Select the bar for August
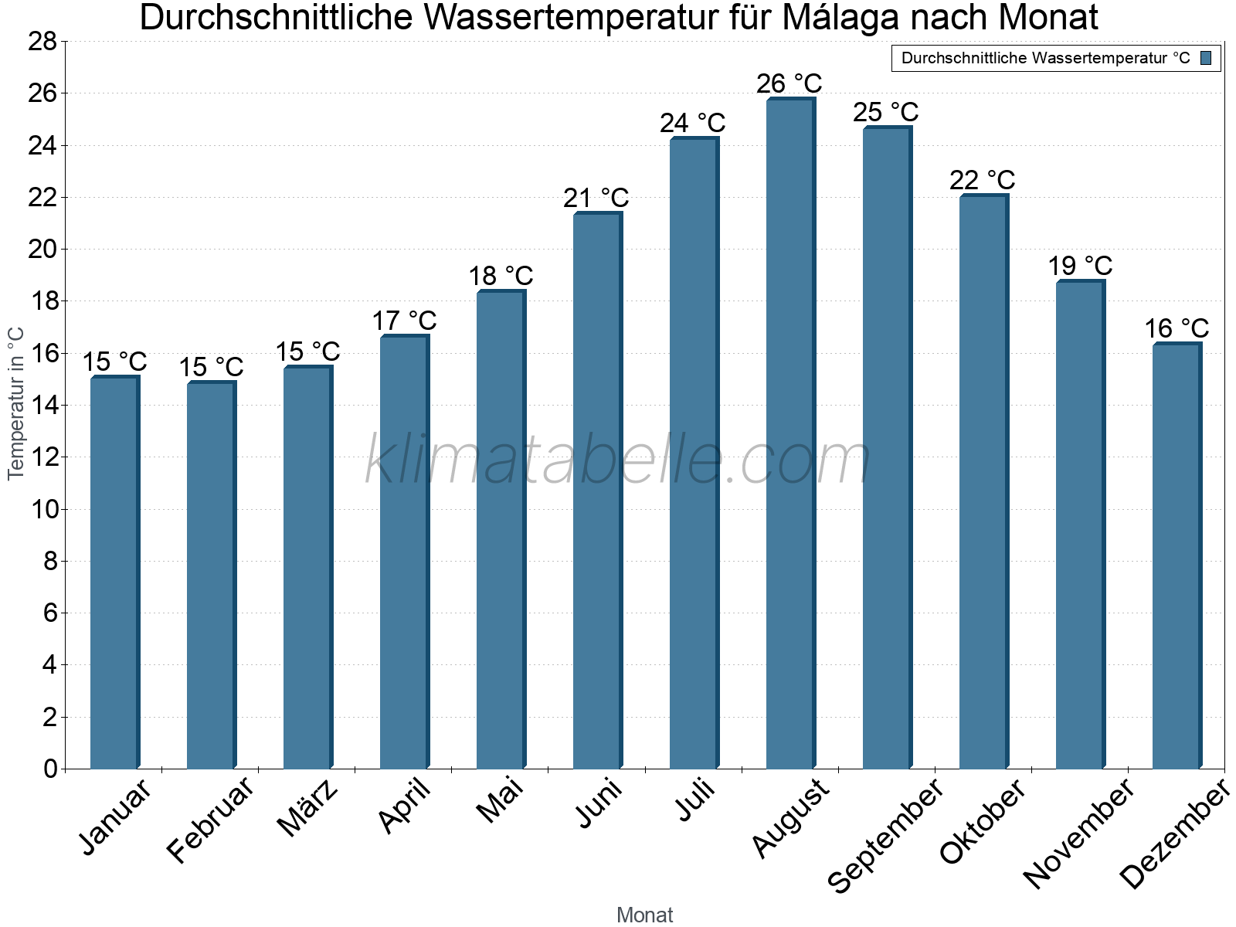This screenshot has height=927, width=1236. [x=790, y=433]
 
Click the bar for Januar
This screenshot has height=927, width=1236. [x=114, y=572]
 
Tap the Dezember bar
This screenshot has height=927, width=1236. [x=1177, y=556]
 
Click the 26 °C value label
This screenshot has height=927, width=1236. [x=789, y=83]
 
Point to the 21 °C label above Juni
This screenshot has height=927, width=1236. [x=596, y=199]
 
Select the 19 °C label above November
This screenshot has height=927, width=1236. [x=1079, y=267]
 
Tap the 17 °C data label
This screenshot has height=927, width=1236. [x=404, y=321]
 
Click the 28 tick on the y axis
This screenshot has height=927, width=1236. [x=42, y=42]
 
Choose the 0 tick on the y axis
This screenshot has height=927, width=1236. [x=50, y=769]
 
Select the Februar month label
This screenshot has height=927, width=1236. [x=210, y=819]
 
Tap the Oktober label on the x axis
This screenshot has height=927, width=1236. [x=983, y=821]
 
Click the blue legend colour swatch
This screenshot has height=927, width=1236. [x=1206, y=58]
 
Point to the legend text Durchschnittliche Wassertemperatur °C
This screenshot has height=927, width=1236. [x=1045, y=58]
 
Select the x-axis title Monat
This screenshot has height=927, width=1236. [x=644, y=915]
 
